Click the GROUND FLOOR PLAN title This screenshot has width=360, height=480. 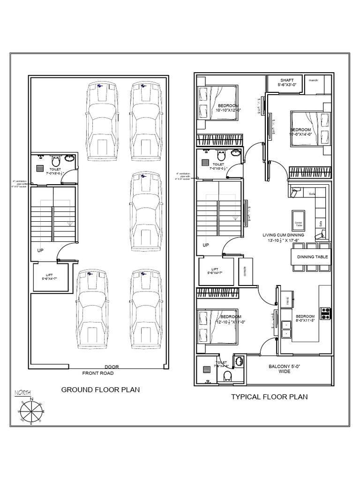point(101,390)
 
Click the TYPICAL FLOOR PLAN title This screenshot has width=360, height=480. point(269,397)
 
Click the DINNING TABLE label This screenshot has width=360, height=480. point(313,257)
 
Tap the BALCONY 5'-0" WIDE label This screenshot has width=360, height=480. point(285,369)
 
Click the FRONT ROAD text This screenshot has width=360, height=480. point(98,374)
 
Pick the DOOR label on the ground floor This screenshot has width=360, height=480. point(112,367)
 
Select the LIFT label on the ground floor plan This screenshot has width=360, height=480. point(49,277)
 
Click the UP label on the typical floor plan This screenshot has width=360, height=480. point(205,245)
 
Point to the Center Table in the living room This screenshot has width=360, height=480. point(299,224)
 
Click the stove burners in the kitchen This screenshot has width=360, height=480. point(325,313)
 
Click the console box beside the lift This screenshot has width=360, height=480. point(246,271)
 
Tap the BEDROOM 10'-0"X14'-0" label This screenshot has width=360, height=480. point(300,132)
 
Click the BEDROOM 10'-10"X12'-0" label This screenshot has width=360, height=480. point(228,108)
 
